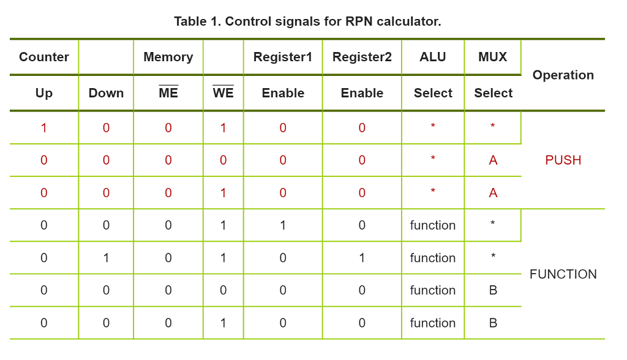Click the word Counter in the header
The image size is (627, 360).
tap(44, 57)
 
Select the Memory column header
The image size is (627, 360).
tap(168, 57)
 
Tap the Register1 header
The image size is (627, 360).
tap(282, 57)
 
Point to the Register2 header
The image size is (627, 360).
tap(362, 57)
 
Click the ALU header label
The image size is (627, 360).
tap(432, 57)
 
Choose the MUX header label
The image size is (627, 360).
tap(493, 57)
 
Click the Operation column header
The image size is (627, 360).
tap(563, 75)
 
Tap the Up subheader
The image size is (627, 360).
tap(44, 93)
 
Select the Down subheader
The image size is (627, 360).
tap(106, 93)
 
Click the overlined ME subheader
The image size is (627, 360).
tap(168, 93)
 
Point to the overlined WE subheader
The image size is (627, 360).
tap(223, 93)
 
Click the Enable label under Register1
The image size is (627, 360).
tap(282, 93)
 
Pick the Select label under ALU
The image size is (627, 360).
tap(432, 93)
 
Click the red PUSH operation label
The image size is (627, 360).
tap(563, 160)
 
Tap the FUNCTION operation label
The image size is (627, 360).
tap(563, 274)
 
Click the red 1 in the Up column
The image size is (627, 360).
tap(44, 128)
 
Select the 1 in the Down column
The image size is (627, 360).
tap(106, 258)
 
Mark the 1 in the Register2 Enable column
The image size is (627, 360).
tap(362, 258)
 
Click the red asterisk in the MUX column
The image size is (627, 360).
tap(493, 127)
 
